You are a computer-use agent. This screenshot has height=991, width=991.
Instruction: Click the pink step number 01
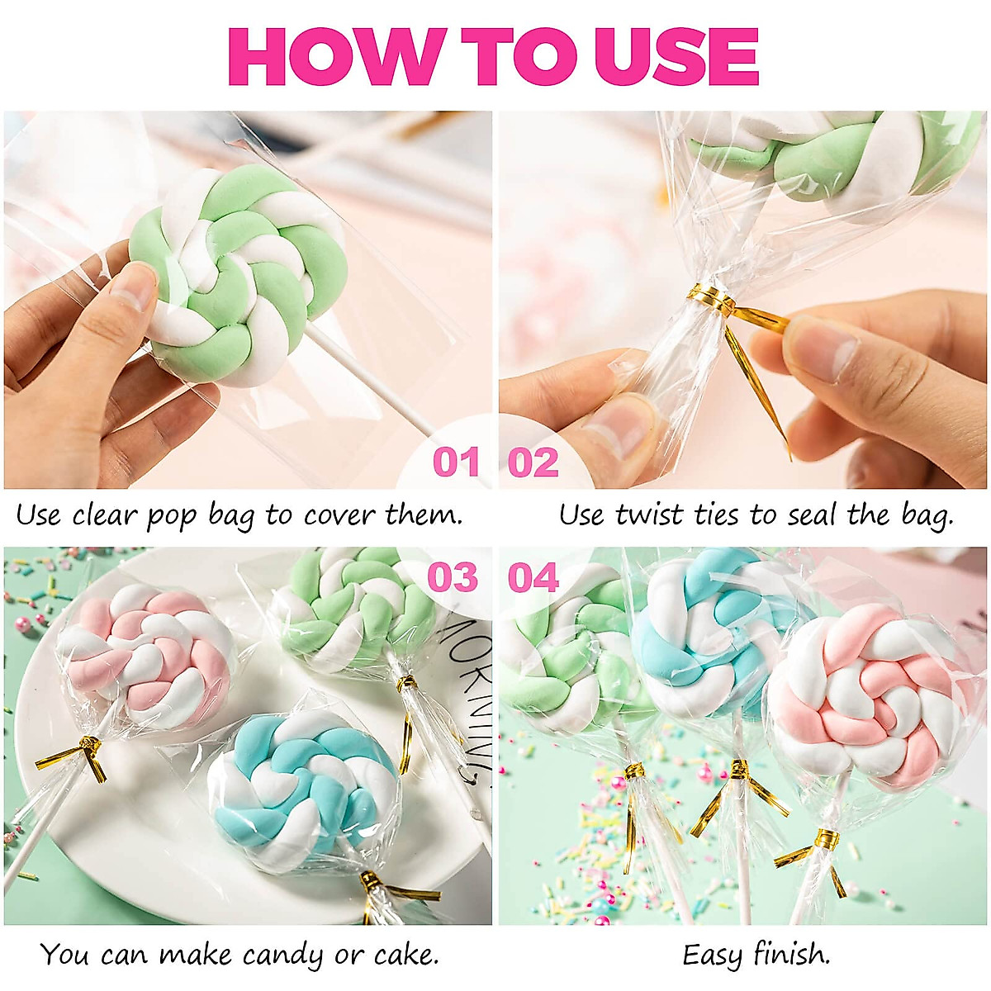pyautogui.click(x=456, y=462)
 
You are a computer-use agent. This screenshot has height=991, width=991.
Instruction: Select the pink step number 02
pyautogui.click(x=533, y=462)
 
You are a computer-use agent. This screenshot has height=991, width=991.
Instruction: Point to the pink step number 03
pyautogui.click(x=453, y=577)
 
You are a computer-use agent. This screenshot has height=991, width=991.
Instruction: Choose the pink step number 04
pyautogui.click(x=533, y=577)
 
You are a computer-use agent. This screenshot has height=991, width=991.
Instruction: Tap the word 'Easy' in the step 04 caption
pyautogui.click(x=712, y=955)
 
